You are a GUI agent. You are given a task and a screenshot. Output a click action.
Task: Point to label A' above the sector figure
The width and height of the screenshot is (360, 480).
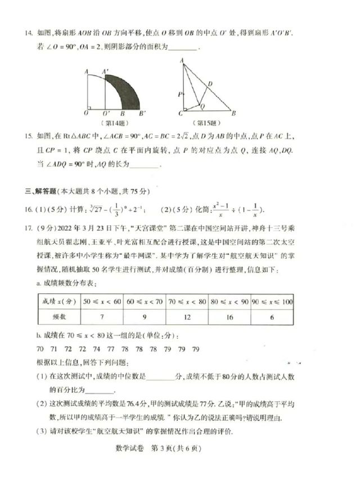point(105,71)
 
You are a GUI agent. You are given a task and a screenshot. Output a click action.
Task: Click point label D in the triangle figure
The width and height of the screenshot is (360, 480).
point(210,84)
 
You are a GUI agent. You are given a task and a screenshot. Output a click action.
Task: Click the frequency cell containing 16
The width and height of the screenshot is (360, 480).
point(229,317)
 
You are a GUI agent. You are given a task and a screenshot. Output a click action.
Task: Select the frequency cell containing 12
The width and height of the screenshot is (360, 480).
point(187,317)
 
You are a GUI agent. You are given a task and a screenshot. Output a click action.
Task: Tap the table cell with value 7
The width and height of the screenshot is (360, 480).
point(102,317)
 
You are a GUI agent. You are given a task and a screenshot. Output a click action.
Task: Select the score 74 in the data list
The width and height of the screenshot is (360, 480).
point(98,349)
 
